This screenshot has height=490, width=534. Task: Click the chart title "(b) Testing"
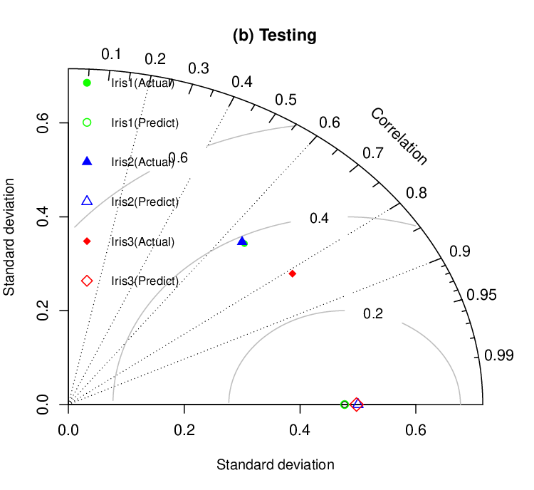(x=275, y=36)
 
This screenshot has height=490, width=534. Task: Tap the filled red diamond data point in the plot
(x=292, y=273)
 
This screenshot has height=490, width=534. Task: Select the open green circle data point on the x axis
(x=345, y=405)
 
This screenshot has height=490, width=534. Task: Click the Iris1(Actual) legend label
(x=142, y=83)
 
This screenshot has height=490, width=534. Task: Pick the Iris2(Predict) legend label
(x=145, y=202)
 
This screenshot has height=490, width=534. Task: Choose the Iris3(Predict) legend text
(x=145, y=281)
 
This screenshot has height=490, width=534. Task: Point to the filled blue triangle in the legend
(x=87, y=161)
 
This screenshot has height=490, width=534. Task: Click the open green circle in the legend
(x=87, y=123)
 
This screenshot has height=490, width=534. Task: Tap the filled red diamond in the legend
(x=87, y=241)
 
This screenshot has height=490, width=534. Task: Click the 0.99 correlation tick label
(x=498, y=355)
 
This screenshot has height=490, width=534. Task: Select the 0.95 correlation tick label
(x=481, y=295)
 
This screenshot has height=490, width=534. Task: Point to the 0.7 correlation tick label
(x=373, y=153)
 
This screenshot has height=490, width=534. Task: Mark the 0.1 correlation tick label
(x=111, y=55)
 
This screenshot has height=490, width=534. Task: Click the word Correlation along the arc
(x=399, y=137)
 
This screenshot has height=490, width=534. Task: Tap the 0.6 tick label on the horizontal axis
(x=416, y=430)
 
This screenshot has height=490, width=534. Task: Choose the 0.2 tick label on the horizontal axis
(x=184, y=430)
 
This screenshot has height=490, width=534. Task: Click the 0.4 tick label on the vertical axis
(x=43, y=217)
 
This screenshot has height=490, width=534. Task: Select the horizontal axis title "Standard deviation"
(x=275, y=465)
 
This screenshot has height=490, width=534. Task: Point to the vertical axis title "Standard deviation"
(x=9, y=237)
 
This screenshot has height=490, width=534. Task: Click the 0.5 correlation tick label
(x=286, y=100)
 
